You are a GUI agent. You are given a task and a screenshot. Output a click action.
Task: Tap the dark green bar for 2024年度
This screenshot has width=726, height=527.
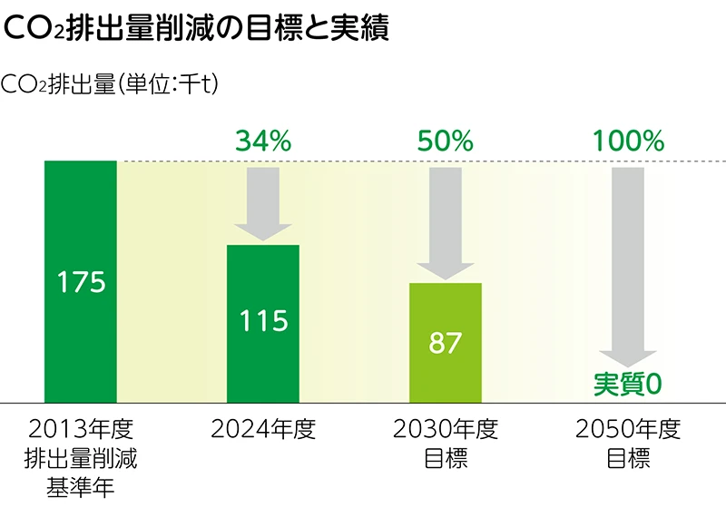tap(263, 363)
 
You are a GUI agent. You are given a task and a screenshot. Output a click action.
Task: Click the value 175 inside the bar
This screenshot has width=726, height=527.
tap(81, 282)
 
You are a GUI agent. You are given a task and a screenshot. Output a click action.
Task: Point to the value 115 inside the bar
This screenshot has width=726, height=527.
tap(263, 320)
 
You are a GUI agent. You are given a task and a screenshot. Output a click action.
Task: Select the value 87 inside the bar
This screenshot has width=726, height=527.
tap(446, 343)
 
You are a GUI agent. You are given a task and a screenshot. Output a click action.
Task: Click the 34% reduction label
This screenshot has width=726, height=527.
tap(263, 141)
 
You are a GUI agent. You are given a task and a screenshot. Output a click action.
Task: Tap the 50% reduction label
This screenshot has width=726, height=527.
tap(446, 141)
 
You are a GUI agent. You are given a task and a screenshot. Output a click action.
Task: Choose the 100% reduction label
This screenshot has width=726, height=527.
tap(628, 141)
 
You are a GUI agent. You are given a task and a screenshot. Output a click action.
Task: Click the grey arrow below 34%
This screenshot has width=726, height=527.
tap(263, 204)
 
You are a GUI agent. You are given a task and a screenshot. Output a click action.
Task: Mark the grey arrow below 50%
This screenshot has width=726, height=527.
tap(446, 222)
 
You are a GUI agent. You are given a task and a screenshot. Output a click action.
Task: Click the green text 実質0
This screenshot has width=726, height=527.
tap(628, 385)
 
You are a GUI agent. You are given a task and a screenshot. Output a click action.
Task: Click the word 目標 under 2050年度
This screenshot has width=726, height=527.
tap(628, 459)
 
